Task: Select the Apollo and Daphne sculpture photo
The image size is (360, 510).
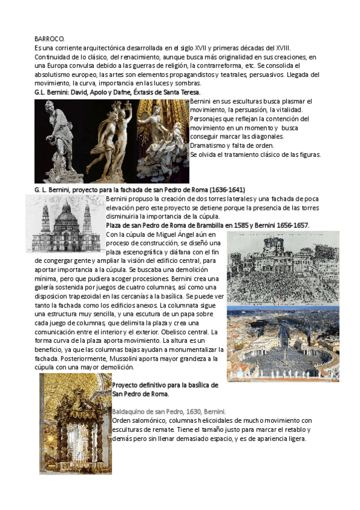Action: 112,140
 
